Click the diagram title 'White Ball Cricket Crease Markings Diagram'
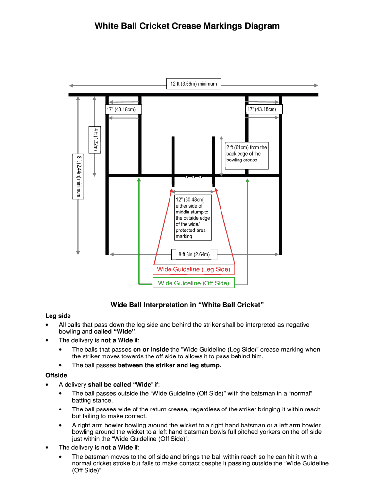(187, 26)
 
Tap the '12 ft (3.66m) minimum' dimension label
(193, 84)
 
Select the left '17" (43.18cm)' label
(124, 109)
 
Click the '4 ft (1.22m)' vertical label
(95, 139)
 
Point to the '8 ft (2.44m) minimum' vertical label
(78, 176)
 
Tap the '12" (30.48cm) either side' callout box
(193, 218)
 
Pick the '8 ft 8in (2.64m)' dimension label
(194, 254)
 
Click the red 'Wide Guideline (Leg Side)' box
(193, 269)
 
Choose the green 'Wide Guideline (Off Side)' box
(193, 283)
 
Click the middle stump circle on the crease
(193, 177)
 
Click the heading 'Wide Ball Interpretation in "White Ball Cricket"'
(187, 305)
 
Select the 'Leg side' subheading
(58, 316)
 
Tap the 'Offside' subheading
(56, 375)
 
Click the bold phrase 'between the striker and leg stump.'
(170, 365)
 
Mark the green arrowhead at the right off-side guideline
(248, 181)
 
